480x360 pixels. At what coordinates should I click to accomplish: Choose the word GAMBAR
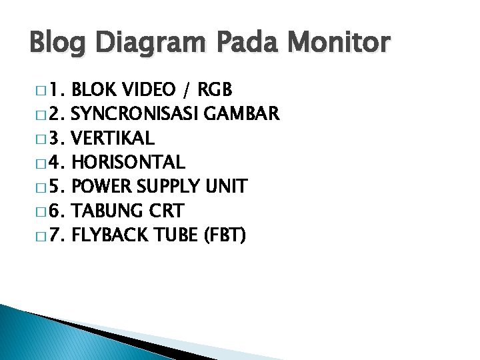[x=243, y=114]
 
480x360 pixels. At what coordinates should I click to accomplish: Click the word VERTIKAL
[x=112, y=138]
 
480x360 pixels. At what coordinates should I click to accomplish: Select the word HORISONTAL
[x=127, y=162]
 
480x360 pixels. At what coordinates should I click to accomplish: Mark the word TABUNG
[x=104, y=211]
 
